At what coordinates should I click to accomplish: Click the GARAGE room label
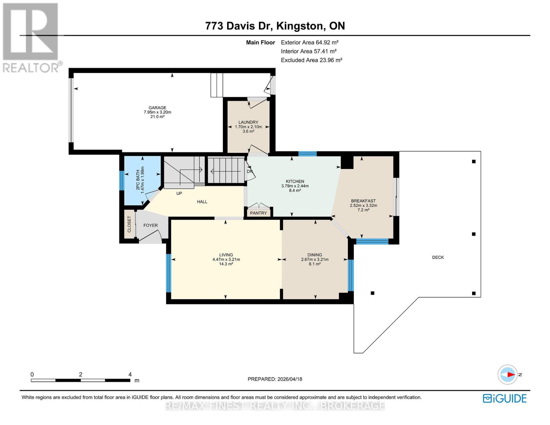[x=157, y=108]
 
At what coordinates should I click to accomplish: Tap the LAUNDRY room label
[x=248, y=122]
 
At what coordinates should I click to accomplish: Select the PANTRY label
[x=258, y=213]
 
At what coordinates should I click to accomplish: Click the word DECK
[x=438, y=257]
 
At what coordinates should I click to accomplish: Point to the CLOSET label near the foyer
[x=129, y=224]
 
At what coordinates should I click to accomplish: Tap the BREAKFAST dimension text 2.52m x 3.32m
[x=363, y=205]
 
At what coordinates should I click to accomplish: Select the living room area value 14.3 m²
[x=226, y=264]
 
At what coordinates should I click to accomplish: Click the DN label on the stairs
[x=250, y=171]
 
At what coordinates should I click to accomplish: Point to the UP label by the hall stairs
[x=179, y=193]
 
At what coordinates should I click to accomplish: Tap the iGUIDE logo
[x=505, y=398]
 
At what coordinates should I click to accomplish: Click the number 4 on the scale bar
[x=130, y=374]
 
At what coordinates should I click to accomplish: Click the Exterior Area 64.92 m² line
[x=310, y=42]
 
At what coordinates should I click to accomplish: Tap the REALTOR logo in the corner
[x=31, y=37]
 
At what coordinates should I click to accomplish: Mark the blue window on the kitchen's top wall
[x=307, y=154]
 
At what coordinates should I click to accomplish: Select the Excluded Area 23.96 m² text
[x=311, y=60]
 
